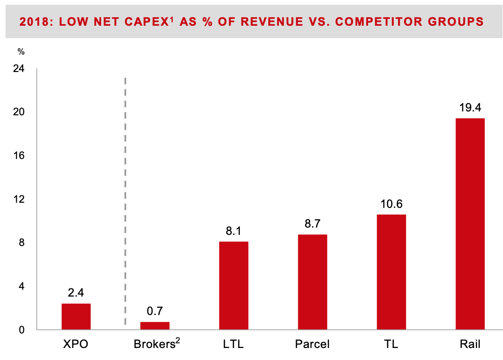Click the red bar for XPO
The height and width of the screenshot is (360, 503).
[x=76, y=317]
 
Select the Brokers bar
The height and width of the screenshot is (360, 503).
[x=155, y=326]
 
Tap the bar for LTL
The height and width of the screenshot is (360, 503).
[x=234, y=285]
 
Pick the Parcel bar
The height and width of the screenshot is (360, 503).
[x=312, y=282]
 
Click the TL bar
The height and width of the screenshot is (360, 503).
[x=391, y=272]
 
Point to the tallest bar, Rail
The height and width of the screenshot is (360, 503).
[x=470, y=224]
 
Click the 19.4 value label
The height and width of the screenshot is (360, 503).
[x=470, y=108]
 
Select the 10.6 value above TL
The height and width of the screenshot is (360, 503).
[x=392, y=204]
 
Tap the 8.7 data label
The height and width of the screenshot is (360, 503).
[x=312, y=224]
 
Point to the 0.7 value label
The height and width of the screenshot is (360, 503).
[x=155, y=311]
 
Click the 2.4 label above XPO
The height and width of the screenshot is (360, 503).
[x=76, y=293]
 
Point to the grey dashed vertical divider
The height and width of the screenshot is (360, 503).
[x=125, y=201]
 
